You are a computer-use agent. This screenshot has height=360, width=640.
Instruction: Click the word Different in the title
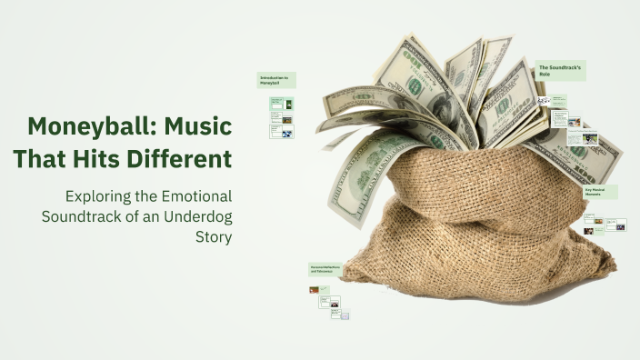pyautogui.click(x=187, y=159)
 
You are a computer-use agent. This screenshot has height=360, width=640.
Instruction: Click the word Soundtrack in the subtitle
pyautogui.click(x=83, y=217)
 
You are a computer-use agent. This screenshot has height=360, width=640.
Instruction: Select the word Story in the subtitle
pyautogui.click(x=214, y=237)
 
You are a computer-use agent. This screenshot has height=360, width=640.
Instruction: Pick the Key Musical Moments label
pyautogui.click(x=600, y=192)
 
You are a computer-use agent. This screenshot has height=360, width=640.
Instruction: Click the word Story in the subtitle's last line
pyautogui.click(x=214, y=237)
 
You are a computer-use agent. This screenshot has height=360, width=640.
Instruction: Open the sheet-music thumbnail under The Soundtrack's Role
pyautogui.click(x=544, y=101)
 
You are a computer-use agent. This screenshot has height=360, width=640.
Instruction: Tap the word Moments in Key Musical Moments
pyautogui.click(x=595, y=195)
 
